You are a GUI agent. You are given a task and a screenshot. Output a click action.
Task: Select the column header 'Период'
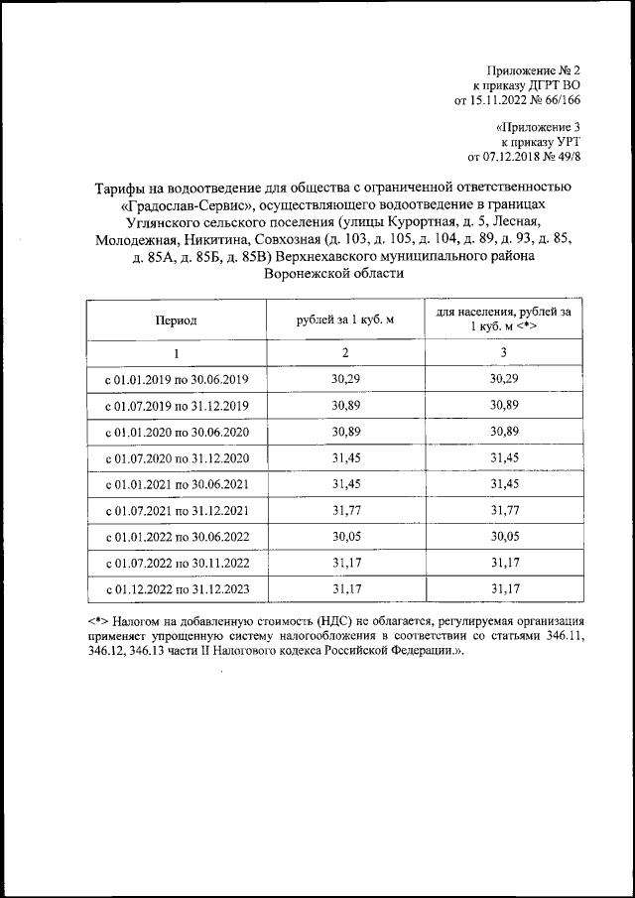[x=176, y=321]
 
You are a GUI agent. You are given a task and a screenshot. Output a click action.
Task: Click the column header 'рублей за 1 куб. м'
[x=345, y=321]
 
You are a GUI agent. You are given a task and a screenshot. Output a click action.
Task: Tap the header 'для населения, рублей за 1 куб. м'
[x=504, y=320]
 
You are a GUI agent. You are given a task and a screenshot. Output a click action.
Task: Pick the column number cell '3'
[x=504, y=353]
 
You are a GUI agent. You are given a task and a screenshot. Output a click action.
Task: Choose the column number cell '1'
[x=176, y=353]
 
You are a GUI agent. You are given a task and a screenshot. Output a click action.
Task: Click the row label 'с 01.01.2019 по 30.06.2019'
[x=176, y=380]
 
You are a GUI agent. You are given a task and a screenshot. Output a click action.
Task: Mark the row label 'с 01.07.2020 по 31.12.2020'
[x=176, y=459]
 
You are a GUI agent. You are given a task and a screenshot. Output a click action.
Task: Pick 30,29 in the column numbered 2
[x=345, y=380]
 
